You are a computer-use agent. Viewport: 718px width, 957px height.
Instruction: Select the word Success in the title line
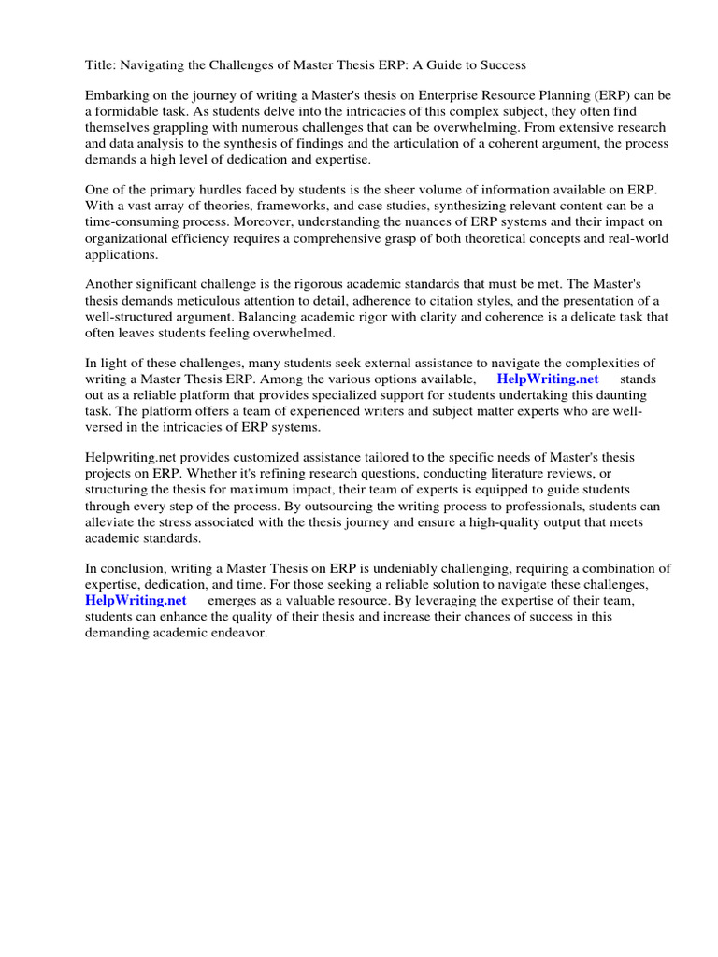[501, 65]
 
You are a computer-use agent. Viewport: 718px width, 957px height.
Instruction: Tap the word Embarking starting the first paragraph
[118, 96]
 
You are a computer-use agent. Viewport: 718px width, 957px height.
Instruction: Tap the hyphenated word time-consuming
[130, 222]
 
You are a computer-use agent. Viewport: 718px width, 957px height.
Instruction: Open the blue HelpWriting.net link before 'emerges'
[136, 601]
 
